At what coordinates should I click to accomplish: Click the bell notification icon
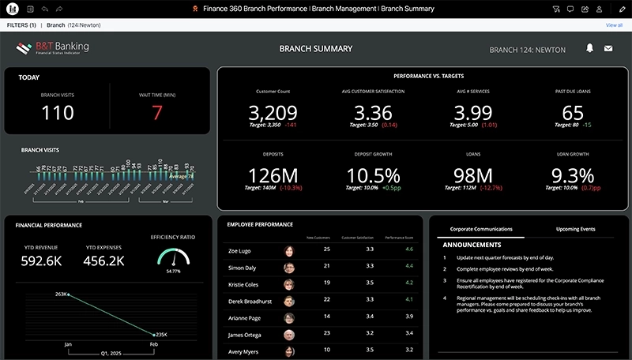pyautogui.click(x=589, y=48)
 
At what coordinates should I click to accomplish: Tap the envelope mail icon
pyautogui.click(x=608, y=48)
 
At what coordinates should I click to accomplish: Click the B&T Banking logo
pyautogui.click(x=52, y=48)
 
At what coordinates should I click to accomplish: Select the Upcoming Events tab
pyautogui.click(x=575, y=229)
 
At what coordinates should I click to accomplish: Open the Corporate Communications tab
pyautogui.click(x=481, y=229)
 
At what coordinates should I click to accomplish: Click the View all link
pyautogui.click(x=614, y=25)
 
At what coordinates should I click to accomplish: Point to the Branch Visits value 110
pyautogui.click(x=57, y=113)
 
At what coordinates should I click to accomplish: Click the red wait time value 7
pyautogui.click(x=156, y=113)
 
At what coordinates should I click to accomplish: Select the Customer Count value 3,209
pyautogui.click(x=273, y=112)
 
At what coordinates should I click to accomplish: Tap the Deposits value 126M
pyautogui.click(x=273, y=175)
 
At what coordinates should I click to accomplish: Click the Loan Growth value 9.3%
pyautogui.click(x=573, y=175)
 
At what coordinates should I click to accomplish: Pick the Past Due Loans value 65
pyautogui.click(x=573, y=112)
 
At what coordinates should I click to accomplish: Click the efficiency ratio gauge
pyautogui.click(x=173, y=258)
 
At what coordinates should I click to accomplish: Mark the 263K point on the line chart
pyautogui.click(x=69, y=294)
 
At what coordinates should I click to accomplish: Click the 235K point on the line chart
pyautogui.click(x=155, y=333)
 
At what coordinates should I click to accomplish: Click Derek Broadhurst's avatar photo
pyautogui.click(x=290, y=300)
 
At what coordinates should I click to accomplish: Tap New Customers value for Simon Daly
pyautogui.click(x=326, y=267)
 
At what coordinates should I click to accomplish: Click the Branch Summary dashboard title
pyautogui.click(x=316, y=49)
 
